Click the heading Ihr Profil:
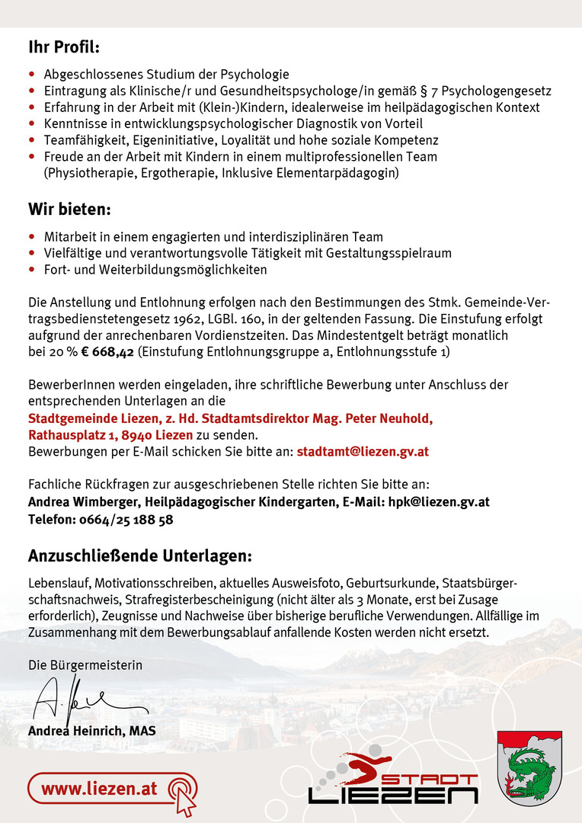pyautogui.click(x=64, y=47)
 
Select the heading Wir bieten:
pyautogui.click(x=69, y=209)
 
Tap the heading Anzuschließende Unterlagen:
pyautogui.click(x=139, y=555)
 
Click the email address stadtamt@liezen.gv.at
pyautogui.click(x=363, y=451)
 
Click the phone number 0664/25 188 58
pyautogui.click(x=126, y=520)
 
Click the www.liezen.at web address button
pyautogui.click(x=99, y=788)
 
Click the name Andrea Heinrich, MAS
pyautogui.click(x=91, y=731)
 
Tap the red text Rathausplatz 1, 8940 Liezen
pyautogui.click(x=110, y=435)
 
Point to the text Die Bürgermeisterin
pyautogui.click(x=85, y=665)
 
